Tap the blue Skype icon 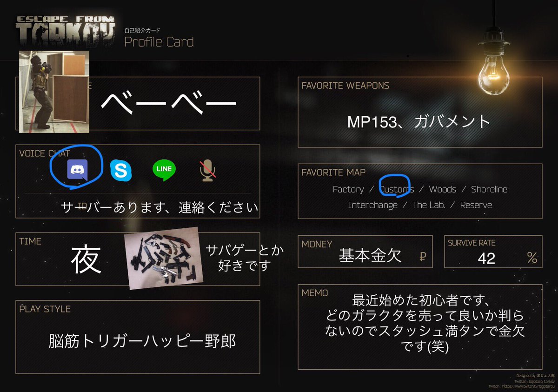[x=120, y=170]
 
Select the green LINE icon [x=164, y=170]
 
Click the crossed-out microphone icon [x=208, y=171]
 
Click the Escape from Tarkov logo [x=65, y=33]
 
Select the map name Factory [x=348, y=189]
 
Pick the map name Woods [x=442, y=189]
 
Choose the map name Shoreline [x=489, y=189]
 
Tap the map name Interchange [x=373, y=205]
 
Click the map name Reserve [x=476, y=205]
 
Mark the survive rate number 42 [x=486, y=258]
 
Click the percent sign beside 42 [x=532, y=258]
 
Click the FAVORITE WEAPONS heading [x=345, y=86]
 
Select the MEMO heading [x=315, y=293]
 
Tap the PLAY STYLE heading [x=45, y=309]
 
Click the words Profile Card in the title [x=159, y=42]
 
